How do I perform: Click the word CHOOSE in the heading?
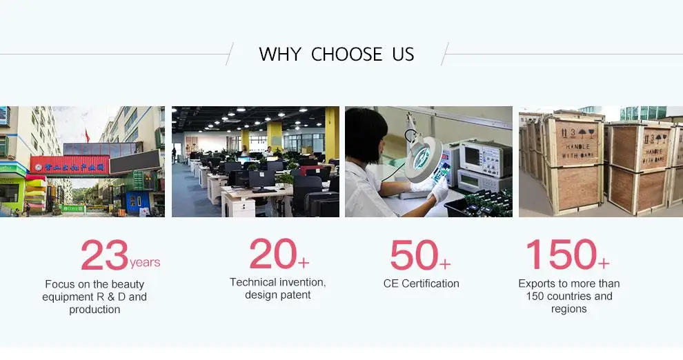(x=347, y=54)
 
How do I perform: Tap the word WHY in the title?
(x=279, y=54)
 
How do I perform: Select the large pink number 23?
(x=105, y=254)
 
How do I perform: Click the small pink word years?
(x=145, y=263)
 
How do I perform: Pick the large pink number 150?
(x=562, y=254)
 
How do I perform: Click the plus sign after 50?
(x=445, y=264)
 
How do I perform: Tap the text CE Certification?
(x=422, y=284)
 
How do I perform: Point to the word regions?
(x=569, y=309)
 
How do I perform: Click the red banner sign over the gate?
(x=70, y=166)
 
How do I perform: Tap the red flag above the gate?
(x=87, y=137)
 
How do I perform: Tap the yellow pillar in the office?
(x=332, y=133)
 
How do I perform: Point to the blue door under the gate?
(x=138, y=202)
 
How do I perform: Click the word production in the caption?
(x=95, y=310)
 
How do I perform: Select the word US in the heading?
(x=403, y=54)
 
